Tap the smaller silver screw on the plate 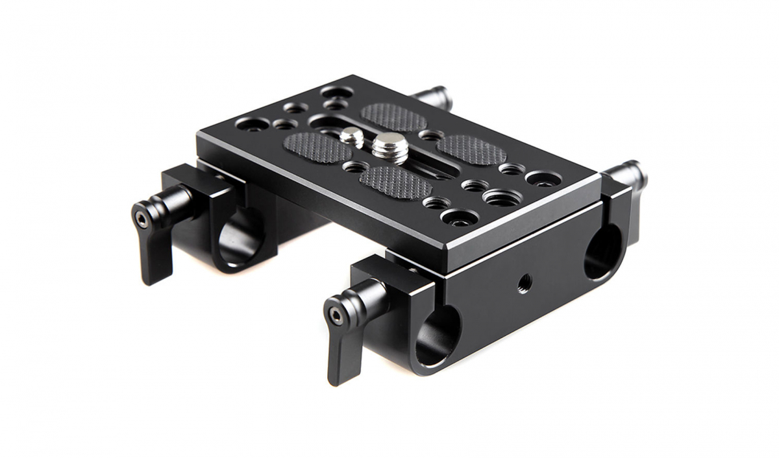(x=352, y=136)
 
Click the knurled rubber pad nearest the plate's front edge (x=395, y=182)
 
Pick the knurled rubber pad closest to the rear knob (x=394, y=117)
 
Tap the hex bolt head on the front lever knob (x=335, y=317)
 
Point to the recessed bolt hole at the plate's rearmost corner (x=336, y=91)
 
